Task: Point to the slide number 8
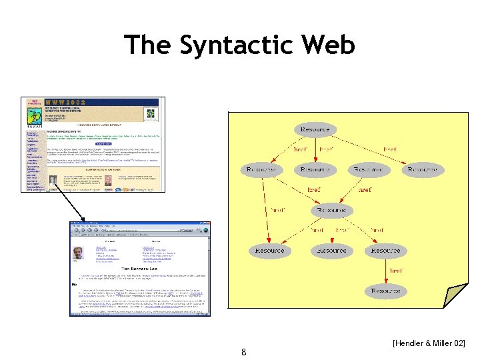pyautogui.click(x=244, y=351)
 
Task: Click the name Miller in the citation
pyautogui.click(x=443, y=343)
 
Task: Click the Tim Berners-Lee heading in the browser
pyautogui.click(x=140, y=268)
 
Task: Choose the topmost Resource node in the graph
pyautogui.click(x=315, y=129)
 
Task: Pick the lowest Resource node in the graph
pyautogui.click(x=385, y=291)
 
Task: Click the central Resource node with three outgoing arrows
pyautogui.click(x=331, y=210)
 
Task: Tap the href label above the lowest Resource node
pyautogui.click(x=396, y=271)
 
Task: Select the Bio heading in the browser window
pyautogui.click(x=75, y=285)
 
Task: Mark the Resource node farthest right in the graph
pyautogui.click(x=423, y=170)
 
